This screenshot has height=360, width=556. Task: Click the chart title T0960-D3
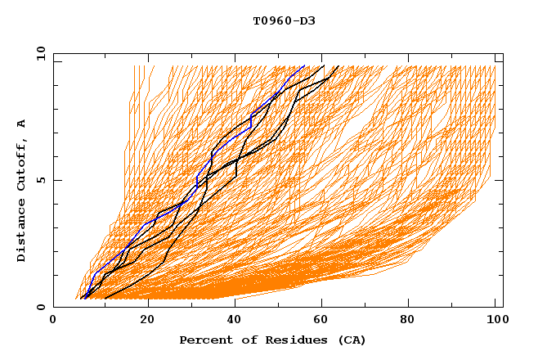point(284,21)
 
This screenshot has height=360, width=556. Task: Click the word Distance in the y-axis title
point(22,230)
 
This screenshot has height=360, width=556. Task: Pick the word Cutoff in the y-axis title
point(22,164)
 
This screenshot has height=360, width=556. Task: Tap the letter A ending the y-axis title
point(22,124)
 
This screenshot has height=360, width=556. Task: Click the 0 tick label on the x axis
point(54,320)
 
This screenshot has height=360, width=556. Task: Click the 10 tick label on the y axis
point(39,53)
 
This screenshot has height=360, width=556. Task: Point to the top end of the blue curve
point(304,66)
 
